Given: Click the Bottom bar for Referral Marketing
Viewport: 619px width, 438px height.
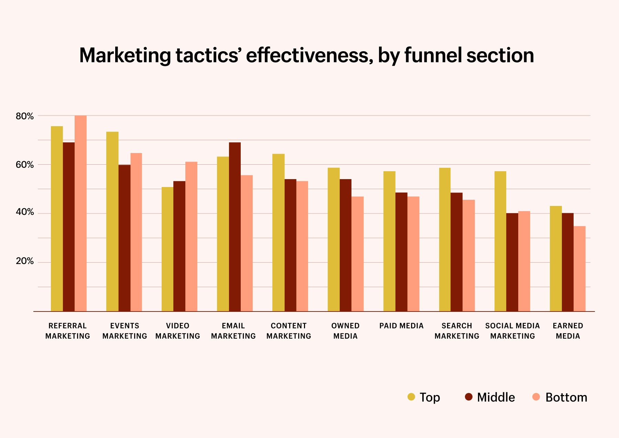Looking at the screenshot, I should [x=80, y=213].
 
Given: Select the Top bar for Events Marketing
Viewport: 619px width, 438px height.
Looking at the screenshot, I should [x=112, y=221].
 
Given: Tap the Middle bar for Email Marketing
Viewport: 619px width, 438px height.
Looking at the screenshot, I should [x=235, y=227].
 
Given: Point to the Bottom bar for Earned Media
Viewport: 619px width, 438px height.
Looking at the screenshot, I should [x=579, y=269].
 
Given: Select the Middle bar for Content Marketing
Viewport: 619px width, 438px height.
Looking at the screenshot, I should [x=290, y=245].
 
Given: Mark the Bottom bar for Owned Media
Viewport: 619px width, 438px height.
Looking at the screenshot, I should [x=357, y=254].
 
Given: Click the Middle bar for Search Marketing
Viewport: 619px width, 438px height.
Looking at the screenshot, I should [x=456, y=252].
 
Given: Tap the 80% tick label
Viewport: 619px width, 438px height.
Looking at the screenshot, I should [x=25, y=116].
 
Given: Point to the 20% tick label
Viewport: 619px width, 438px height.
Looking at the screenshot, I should [x=25, y=261].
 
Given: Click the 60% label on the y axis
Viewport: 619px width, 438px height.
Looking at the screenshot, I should [x=25, y=165].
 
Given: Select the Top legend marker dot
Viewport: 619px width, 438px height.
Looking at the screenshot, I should [x=411, y=397].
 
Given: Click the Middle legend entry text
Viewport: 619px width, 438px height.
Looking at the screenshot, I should [x=496, y=397].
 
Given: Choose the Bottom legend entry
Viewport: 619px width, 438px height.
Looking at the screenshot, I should [x=566, y=397].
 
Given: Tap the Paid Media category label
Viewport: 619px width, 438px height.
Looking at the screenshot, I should [x=401, y=326].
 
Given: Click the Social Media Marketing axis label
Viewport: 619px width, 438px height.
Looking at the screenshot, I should [x=512, y=331].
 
